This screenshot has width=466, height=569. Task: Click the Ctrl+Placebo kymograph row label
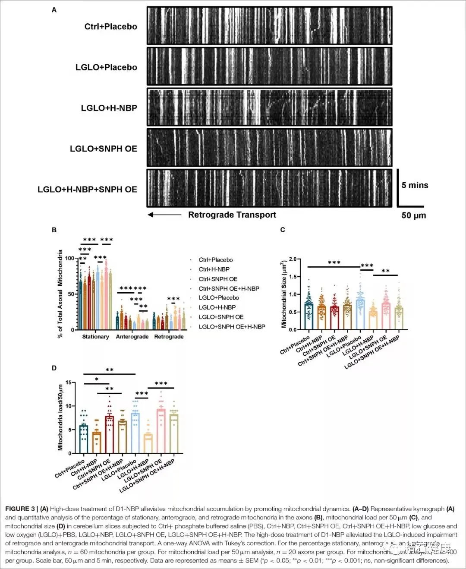pyautogui.click(x=110, y=27)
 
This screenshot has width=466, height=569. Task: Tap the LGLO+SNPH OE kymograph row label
pyautogui.click(x=104, y=149)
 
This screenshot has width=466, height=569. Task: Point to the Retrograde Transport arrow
pyautogui.click(x=164, y=215)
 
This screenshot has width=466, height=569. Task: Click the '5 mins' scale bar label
pyautogui.click(x=415, y=185)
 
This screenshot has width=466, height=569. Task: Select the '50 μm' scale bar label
pyautogui.click(x=413, y=215)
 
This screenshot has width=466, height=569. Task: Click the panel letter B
pyautogui.click(x=54, y=230)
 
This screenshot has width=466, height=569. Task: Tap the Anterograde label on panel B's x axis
pyautogui.click(x=132, y=337)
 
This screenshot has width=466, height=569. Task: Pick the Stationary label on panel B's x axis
pyautogui.click(x=95, y=337)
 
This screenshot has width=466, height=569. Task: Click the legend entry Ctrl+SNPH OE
pyautogui.click(x=218, y=279)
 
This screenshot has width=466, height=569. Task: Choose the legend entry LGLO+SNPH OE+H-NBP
pyautogui.click(x=232, y=326)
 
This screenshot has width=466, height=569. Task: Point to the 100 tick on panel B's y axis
pyautogui.click(x=69, y=258)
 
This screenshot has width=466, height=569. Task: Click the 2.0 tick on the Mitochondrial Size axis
pyautogui.click(x=293, y=259)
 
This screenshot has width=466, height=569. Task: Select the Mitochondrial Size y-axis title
pyautogui.click(x=283, y=294)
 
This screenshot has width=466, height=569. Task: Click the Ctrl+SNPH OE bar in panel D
pyautogui.click(x=110, y=434)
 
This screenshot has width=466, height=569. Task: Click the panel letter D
pyautogui.click(x=54, y=368)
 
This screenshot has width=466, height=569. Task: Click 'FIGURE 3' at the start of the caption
pyautogui.click(x=20, y=509)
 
